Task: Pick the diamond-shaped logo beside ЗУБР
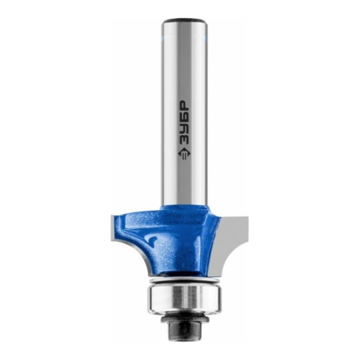coord(183,154)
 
